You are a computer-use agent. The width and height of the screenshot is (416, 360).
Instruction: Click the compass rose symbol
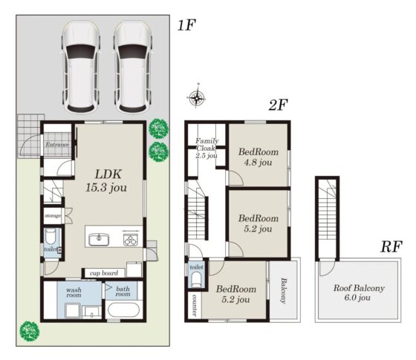pos(196,97)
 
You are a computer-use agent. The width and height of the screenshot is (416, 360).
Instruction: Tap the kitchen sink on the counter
pos(99,239)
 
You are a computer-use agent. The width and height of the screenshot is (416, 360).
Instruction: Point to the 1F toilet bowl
pos(50,237)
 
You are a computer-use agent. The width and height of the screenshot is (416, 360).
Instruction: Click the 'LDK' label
pos(108,174)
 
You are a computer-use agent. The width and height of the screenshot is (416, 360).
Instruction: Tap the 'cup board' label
pos(104,273)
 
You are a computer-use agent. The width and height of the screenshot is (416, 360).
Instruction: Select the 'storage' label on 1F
pos(53,216)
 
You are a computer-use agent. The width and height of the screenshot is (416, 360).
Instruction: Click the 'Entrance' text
pos(57,145)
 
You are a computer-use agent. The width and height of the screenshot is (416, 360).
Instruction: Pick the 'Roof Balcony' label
pos(359,288)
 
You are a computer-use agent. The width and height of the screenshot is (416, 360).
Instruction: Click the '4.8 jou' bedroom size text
pos(258,163)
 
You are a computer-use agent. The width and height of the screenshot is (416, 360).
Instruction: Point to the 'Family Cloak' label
pos(207,145)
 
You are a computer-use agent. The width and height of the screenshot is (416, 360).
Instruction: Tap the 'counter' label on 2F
pos(195,305)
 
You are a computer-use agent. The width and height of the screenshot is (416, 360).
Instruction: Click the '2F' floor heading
pos(278,105)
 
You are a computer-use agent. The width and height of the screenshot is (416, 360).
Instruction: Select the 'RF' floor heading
pos(391,246)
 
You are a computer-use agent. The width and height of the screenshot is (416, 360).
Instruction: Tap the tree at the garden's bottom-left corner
pos(30,331)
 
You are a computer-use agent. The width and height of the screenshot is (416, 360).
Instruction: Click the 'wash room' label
pos(74,292)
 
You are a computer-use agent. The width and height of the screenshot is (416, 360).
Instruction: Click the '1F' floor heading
pos(186,26)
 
